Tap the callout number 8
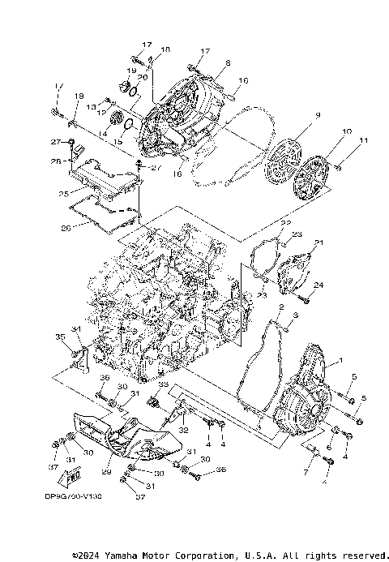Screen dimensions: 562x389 pos(229,62)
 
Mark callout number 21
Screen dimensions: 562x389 pos(318,242)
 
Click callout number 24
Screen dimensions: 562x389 pos(318,285)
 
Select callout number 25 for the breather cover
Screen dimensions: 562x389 pos(62,194)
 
